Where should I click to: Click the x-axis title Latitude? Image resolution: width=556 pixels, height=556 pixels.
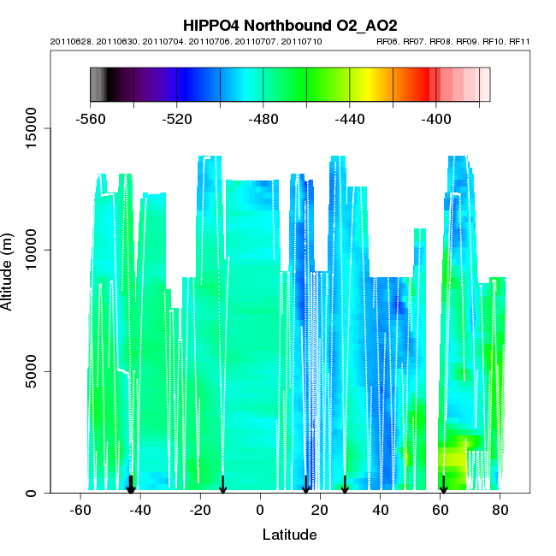tap(289, 535)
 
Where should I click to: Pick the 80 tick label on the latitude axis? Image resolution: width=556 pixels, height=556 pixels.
tap(500, 511)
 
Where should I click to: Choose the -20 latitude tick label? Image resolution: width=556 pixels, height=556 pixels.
tap(199, 511)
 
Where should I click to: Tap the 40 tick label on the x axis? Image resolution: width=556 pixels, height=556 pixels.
tap(380, 511)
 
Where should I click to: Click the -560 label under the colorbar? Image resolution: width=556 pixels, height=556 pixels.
tap(91, 120)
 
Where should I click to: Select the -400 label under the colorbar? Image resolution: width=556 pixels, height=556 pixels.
tap(436, 120)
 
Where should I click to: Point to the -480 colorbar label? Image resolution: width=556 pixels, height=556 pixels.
tap(263, 120)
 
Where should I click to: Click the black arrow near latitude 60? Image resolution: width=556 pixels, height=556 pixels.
tap(443, 485)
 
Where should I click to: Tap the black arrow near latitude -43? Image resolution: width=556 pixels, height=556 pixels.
tap(131, 485)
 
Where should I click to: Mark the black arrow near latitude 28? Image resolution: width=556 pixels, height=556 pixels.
tap(345, 485)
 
